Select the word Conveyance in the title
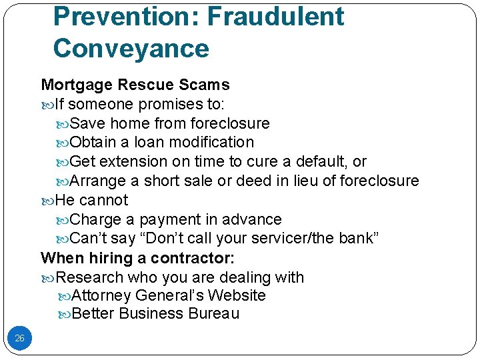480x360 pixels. tap(131, 49)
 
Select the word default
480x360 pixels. tap(323, 162)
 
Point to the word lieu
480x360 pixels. tap(321, 181)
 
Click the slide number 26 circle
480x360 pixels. tap(19, 339)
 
